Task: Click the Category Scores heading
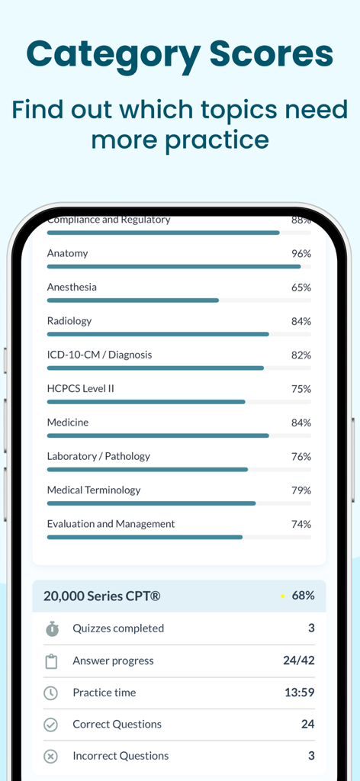180,55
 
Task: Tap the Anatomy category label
67,253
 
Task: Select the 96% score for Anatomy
301,253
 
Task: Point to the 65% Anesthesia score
301,288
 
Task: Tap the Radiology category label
69,321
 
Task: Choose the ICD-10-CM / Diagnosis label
99,355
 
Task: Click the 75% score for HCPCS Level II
301,389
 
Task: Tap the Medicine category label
68,423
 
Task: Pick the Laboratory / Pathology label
98,456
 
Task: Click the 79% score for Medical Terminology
301,490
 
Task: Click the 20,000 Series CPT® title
101,596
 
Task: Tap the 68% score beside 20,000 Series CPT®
303,596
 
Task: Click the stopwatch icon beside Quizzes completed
51,629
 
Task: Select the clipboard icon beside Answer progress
51,661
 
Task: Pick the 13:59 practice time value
299,693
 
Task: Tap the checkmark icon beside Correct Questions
51,725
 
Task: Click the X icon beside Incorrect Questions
51,757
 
